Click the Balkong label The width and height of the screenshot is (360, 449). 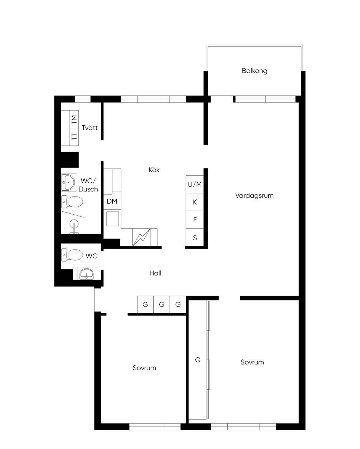(254, 71)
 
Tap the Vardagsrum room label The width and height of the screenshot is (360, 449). (254, 196)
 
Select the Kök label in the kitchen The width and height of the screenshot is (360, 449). (154, 170)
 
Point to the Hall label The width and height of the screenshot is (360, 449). (155, 273)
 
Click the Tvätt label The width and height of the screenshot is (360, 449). (90, 127)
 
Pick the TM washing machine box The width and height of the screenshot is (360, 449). (74, 119)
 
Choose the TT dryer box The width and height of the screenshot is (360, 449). (74, 137)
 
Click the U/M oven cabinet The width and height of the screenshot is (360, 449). (195, 184)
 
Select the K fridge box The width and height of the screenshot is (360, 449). (195, 202)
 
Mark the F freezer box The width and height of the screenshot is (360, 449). (195, 220)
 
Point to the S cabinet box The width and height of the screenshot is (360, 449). (195, 237)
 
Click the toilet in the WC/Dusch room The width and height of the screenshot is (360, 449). (72, 202)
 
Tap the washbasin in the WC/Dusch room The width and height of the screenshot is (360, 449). (68, 183)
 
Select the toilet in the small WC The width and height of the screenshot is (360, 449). (72, 255)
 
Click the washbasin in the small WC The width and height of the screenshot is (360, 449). (86, 274)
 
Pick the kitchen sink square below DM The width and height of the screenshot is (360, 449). (113, 219)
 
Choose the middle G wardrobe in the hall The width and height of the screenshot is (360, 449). (162, 304)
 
